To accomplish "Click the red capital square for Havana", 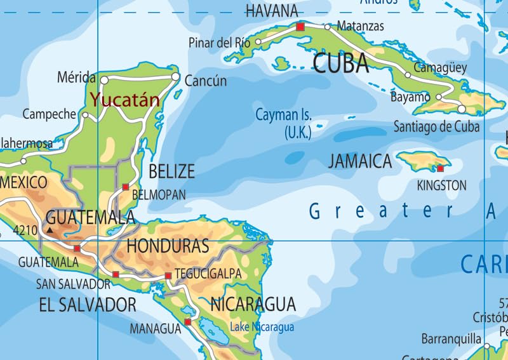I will (300, 27).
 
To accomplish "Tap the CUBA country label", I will (340, 63).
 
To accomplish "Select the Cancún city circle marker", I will (176, 77).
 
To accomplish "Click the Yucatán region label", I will (124, 100).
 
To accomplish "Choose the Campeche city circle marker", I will (86, 115).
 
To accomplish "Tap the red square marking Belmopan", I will (126, 187).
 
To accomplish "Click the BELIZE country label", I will (171, 171).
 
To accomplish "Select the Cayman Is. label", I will (283, 124).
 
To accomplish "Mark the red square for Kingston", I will (440, 168).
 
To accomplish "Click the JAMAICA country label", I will (360, 161).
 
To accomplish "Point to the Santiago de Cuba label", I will (436, 126).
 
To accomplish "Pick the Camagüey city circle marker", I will (408, 75).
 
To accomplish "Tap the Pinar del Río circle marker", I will (258, 43).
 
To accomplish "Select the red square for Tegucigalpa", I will (168, 276).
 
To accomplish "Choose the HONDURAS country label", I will (168, 246).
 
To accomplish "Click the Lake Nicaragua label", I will (262, 327).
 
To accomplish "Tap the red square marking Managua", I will (187, 322).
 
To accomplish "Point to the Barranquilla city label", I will (451, 339).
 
